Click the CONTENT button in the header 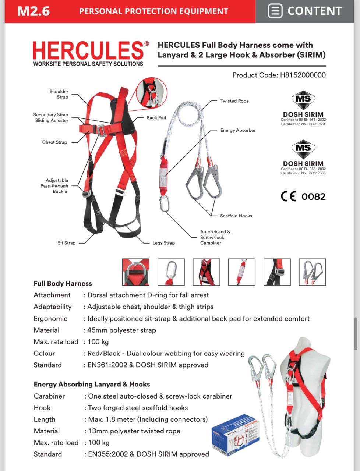305,11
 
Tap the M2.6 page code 33,11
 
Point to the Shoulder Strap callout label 59,94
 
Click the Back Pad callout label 156,118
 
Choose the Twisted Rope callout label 234,101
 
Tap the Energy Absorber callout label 238,130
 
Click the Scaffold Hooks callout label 236,216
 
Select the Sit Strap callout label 66,243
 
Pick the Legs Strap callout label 164,243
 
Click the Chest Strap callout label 54,142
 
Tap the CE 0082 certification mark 303,196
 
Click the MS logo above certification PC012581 303,99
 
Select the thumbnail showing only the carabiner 171,272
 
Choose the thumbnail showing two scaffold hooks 313,272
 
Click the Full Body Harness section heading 63,283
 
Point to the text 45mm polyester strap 121,330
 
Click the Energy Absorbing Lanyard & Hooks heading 92,384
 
